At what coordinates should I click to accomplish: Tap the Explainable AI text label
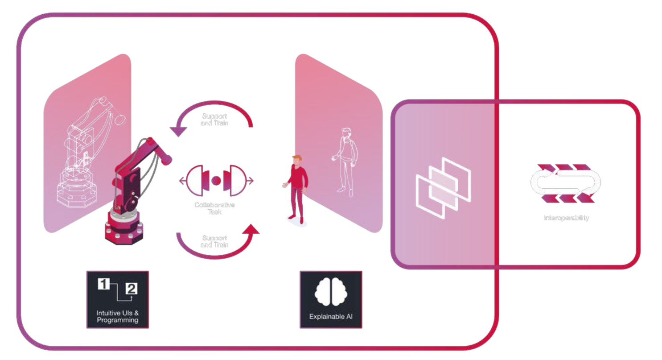(x=330, y=317)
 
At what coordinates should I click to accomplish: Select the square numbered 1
(x=104, y=283)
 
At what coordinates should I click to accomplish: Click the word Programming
(x=118, y=320)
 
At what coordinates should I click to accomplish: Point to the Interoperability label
(x=566, y=219)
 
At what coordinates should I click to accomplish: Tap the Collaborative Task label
(x=215, y=208)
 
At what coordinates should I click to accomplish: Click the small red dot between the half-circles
(x=216, y=181)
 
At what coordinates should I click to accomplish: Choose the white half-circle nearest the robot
(x=197, y=181)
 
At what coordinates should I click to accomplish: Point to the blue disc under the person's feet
(x=296, y=219)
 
